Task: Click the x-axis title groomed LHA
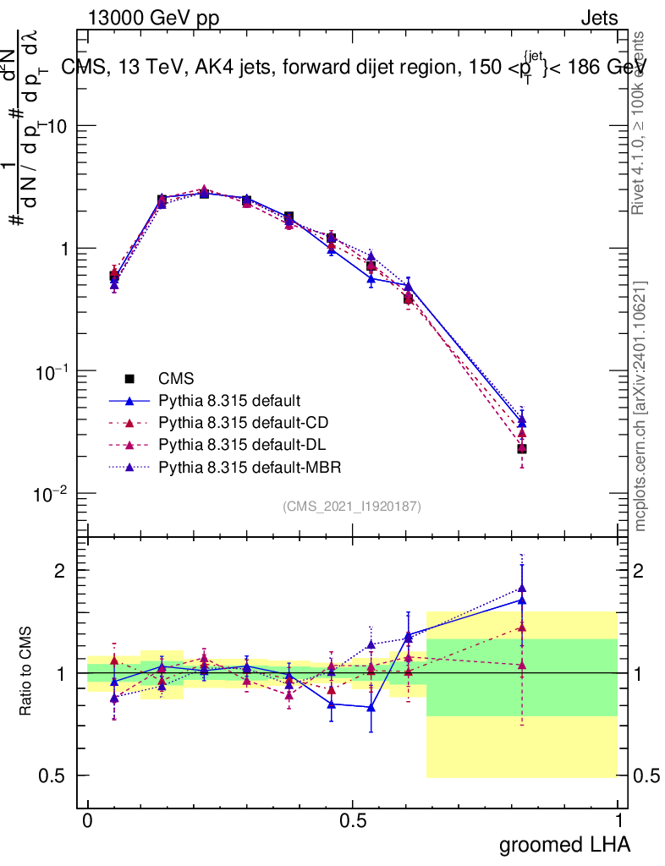(x=564, y=844)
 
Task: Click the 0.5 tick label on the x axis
(x=352, y=821)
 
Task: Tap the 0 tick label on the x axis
(x=87, y=821)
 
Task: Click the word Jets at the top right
(x=598, y=18)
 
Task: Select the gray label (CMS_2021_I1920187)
(x=352, y=506)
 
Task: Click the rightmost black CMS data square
(x=523, y=449)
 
